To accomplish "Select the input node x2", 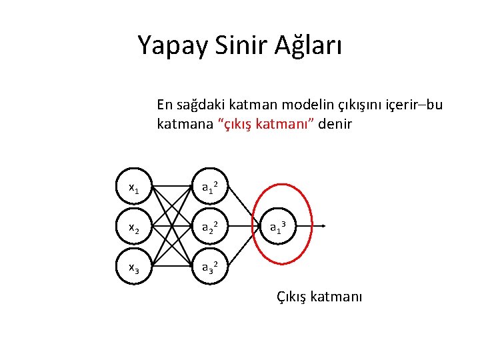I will pyautogui.click(x=133, y=228).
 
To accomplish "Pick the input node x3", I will pyautogui.click(x=133, y=267).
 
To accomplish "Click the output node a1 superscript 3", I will pyautogui.click(x=279, y=227).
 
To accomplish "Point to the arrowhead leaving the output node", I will pyautogui.click(x=323, y=227).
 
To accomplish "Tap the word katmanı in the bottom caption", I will pyautogui.click(x=336, y=297).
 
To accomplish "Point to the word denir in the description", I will pyautogui.click(x=335, y=124).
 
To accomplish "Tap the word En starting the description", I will pyautogui.click(x=164, y=105).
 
